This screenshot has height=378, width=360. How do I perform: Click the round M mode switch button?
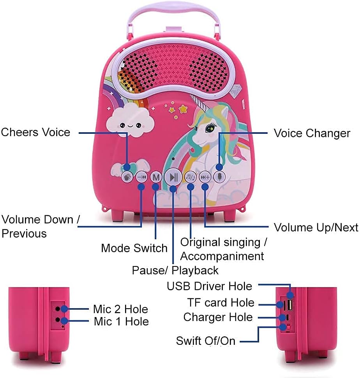(x=156, y=177)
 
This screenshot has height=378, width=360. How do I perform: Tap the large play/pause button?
(x=173, y=177)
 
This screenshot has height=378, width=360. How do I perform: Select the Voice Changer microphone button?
(x=220, y=176)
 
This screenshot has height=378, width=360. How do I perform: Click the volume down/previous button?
(x=141, y=177)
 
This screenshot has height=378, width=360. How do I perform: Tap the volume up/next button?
(x=205, y=177)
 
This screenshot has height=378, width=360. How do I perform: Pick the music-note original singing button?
(x=191, y=177)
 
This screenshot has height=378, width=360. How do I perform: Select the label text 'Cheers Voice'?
(x=35, y=132)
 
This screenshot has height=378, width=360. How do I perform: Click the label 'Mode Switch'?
(x=134, y=248)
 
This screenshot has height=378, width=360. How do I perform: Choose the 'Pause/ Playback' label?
(x=175, y=270)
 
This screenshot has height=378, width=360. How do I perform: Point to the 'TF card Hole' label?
(x=221, y=303)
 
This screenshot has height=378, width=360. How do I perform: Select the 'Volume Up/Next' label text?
(x=316, y=227)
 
